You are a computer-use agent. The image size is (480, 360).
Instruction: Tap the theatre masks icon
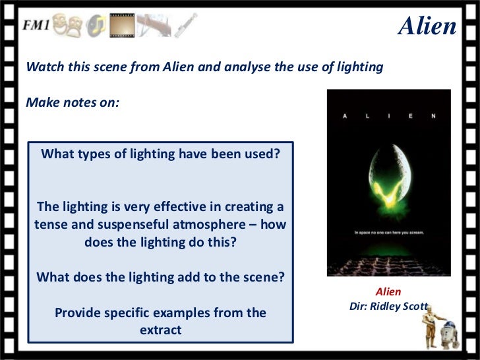[68, 25]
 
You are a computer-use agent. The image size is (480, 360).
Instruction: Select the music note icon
[96, 26]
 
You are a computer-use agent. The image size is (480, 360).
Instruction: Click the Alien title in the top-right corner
[427, 26]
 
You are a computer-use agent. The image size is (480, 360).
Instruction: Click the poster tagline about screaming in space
[388, 232]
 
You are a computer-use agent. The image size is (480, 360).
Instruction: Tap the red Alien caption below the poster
[388, 291]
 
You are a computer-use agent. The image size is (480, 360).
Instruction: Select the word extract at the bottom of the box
[160, 329]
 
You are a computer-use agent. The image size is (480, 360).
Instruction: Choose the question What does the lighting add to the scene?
[160, 277]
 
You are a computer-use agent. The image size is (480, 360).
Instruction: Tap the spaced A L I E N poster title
[388, 116]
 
